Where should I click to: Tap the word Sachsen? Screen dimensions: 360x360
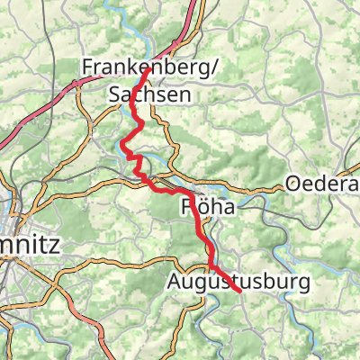tap(140, 94)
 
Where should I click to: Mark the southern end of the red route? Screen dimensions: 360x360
tap(240, 292)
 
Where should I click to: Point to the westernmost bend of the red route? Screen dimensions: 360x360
tap(122, 143)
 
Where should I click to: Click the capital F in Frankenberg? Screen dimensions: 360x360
tap(86, 67)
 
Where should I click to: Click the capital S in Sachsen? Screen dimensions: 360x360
tap(114, 94)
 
